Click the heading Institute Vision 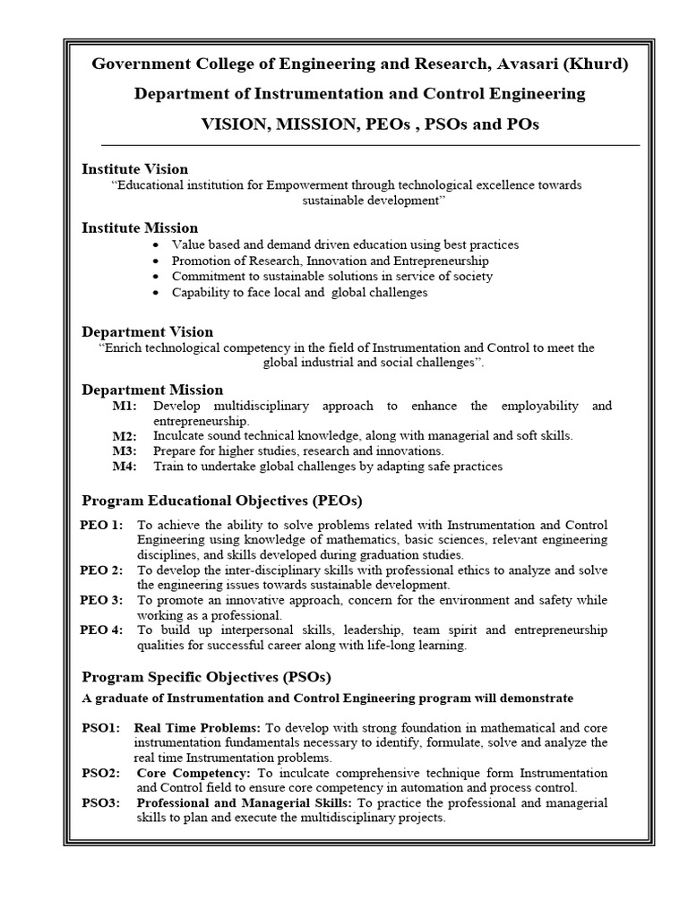point(135,169)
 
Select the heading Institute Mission point(140,228)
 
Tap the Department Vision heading point(148,332)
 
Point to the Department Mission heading point(152,390)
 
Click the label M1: point(125,407)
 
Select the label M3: point(125,451)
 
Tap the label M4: point(125,467)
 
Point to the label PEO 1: point(101,525)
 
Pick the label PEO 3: point(101,600)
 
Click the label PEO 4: point(101,630)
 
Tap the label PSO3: point(100,803)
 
